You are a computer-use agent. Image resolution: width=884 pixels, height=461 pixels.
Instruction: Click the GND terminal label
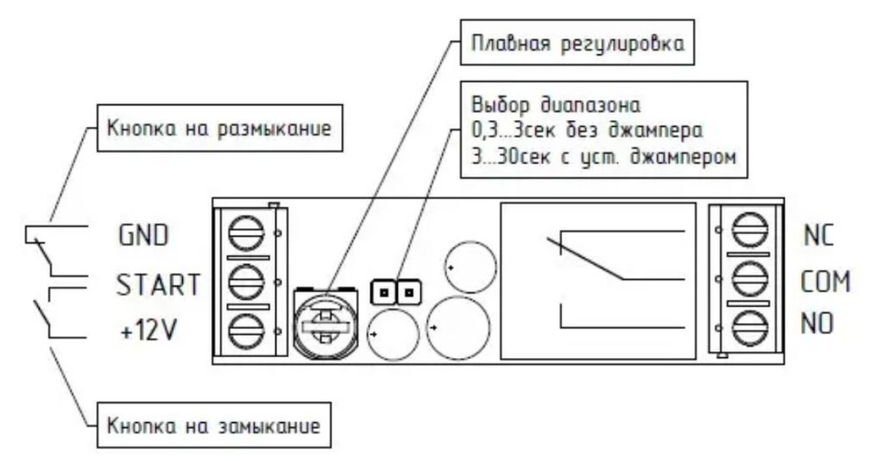[x=143, y=235]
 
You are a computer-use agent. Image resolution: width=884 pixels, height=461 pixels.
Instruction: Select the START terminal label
[x=158, y=285]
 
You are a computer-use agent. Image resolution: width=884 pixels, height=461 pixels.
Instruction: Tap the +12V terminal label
[x=148, y=331]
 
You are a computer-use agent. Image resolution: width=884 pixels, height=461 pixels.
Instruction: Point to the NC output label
[x=818, y=235]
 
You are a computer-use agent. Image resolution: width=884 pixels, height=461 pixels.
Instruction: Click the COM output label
[x=825, y=281]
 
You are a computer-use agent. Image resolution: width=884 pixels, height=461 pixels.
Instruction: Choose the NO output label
[x=817, y=324]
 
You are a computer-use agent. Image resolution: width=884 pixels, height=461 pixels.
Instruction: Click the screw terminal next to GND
[x=246, y=233]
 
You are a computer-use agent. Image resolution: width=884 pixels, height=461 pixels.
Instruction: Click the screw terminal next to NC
[x=750, y=230]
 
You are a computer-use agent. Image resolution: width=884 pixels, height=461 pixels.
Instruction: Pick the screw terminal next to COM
[x=750, y=278]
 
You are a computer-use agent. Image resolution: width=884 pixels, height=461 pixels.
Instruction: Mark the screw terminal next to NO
[x=750, y=328]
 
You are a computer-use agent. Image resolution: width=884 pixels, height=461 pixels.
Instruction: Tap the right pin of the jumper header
[x=409, y=293]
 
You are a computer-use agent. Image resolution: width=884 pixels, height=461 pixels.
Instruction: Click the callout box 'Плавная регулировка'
[x=578, y=43]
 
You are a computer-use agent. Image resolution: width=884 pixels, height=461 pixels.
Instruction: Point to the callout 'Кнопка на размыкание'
[x=219, y=128]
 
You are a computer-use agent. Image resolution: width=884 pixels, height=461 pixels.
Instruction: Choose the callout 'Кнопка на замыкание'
[x=214, y=426]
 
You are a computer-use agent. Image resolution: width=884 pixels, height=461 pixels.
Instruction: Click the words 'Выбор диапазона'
[x=556, y=105]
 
